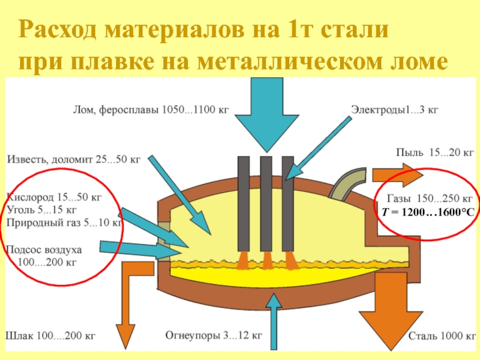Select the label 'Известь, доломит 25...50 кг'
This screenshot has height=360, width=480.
click(x=73, y=159)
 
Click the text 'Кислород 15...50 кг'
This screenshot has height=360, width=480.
click(x=54, y=196)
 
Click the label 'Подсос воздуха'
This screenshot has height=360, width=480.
click(x=43, y=249)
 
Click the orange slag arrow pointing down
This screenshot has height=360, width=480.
click(x=126, y=312)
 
